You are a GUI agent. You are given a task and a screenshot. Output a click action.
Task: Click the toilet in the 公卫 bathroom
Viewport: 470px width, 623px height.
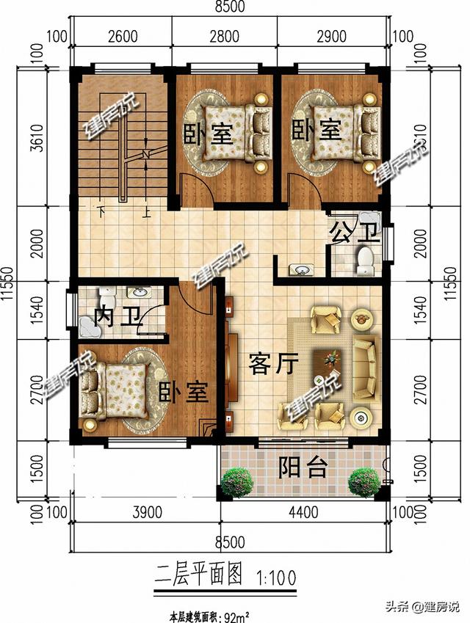pyautogui.click(x=364, y=258)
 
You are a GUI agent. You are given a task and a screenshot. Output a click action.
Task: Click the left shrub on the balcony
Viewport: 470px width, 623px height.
pyautogui.click(x=236, y=481)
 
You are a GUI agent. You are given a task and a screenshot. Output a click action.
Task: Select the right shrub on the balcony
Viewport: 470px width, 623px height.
pyautogui.click(x=364, y=481)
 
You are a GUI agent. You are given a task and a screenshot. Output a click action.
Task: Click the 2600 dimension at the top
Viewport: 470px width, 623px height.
pyautogui.click(x=124, y=36)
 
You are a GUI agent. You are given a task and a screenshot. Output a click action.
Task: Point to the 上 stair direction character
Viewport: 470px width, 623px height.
pyautogui.click(x=147, y=215)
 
